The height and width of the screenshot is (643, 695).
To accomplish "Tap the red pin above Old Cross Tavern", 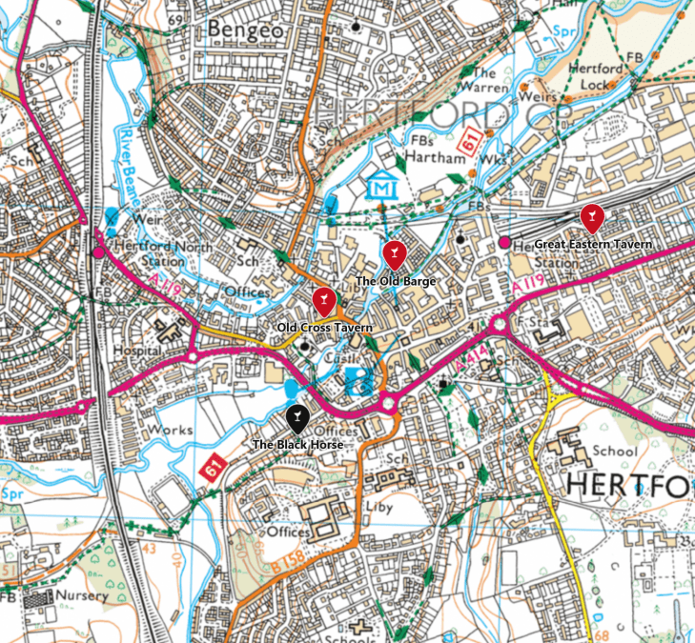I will point(323,300).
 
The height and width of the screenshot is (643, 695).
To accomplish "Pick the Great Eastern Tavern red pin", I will point(592,217).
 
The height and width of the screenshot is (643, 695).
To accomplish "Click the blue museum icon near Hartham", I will point(382,187).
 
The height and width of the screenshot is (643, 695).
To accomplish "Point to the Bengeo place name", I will point(246,30).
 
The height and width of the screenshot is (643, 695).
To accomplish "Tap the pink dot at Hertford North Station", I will point(98,253).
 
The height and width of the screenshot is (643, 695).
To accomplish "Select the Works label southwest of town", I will point(172,431).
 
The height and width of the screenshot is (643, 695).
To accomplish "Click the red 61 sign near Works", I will point(212,468).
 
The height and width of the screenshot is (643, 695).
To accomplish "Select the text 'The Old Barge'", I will point(395,282).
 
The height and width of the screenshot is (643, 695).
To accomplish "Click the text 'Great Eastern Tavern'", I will point(593,245).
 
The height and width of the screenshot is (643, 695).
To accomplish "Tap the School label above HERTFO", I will point(614,451).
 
